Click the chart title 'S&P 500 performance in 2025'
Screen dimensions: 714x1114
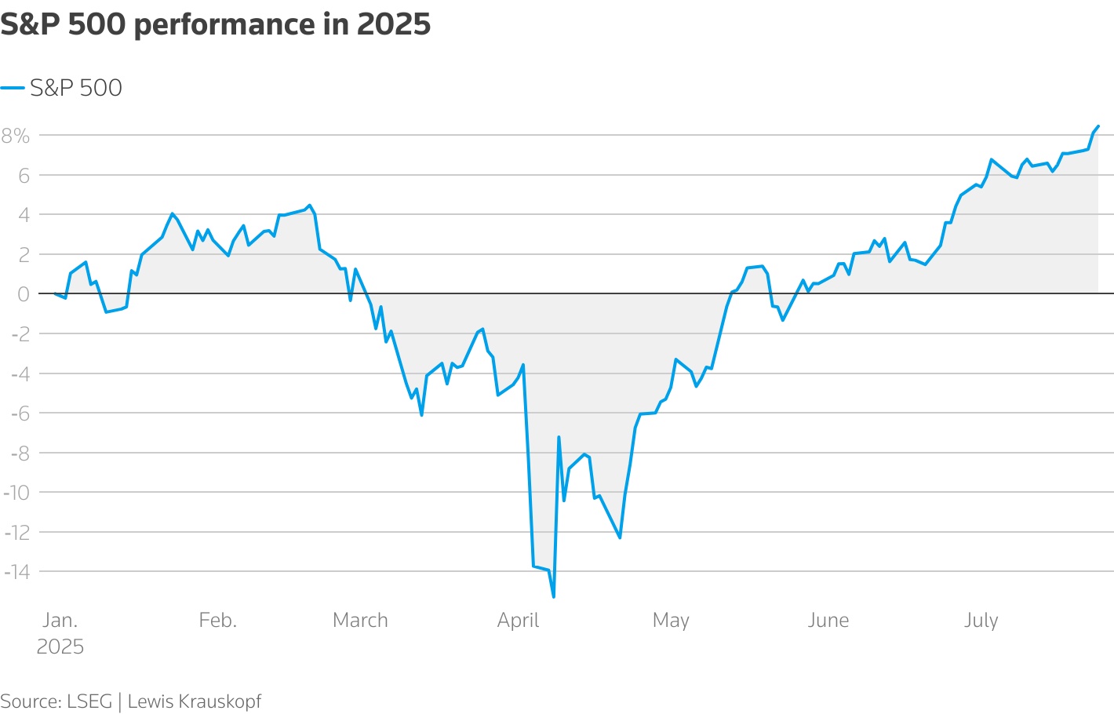pyautogui.click(x=216, y=25)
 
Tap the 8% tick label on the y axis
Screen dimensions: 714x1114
pyautogui.click(x=16, y=136)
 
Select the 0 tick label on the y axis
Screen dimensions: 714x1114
pyautogui.click(x=24, y=294)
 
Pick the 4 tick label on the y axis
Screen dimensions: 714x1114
pyautogui.click(x=24, y=215)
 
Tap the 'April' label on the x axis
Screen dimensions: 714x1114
pyautogui.click(x=518, y=620)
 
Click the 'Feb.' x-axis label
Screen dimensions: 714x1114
pyautogui.click(x=217, y=620)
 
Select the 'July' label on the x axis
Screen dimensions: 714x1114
pyautogui.click(x=981, y=620)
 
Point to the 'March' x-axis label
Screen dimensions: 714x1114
pyautogui.click(x=360, y=620)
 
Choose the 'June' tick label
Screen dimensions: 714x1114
pyautogui.click(x=828, y=620)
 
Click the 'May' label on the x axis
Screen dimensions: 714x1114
pyautogui.click(x=671, y=620)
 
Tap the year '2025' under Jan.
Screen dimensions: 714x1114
pyautogui.click(x=60, y=647)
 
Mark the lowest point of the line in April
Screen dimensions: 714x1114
pyautogui.click(x=554, y=597)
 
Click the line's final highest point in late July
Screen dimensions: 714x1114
pyautogui.click(x=1098, y=126)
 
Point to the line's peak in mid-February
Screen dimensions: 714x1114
pyautogui.click(x=310, y=205)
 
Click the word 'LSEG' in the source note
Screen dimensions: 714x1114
pyautogui.click(x=90, y=701)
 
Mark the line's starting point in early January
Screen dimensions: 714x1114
pyautogui.click(x=55, y=293)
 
